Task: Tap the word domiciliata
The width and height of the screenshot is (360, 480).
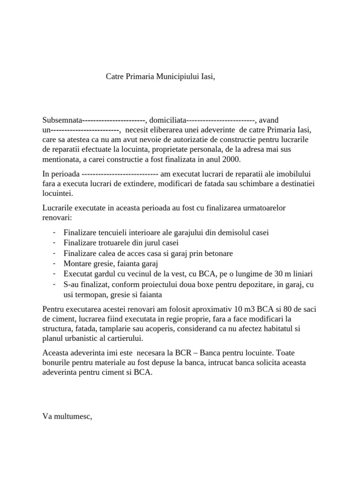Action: pyautogui.click(x=168, y=120)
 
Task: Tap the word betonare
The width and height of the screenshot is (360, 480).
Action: pyautogui.click(x=218, y=253)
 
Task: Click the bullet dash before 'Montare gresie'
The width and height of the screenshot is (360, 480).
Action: pyautogui.click(x=55, y=263)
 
